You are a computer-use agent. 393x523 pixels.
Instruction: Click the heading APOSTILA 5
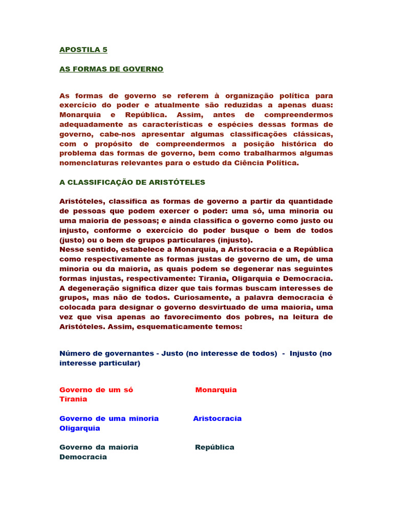(x=83, y=50)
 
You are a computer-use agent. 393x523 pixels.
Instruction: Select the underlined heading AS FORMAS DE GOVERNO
(x=111, y=69)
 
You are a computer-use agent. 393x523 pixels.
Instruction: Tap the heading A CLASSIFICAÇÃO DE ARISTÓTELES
(x=132, y=182)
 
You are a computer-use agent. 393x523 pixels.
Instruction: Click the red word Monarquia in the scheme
(x=216, y=390)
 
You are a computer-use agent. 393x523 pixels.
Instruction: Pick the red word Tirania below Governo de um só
(x=73, y=399)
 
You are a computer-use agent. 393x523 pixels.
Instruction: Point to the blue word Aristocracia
(x=217, y=419)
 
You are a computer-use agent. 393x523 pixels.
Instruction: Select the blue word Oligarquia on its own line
(x=80, y=428)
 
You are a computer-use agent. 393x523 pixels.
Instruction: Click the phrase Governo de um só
(x=96, y=390)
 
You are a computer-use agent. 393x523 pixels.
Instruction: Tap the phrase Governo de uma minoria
(x=109, y=419)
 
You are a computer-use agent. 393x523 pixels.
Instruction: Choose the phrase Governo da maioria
(x=99, y=447)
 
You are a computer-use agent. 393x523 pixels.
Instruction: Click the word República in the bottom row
(x=214, y=447)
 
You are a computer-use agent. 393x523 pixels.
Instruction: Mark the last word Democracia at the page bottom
(x=83, y=457)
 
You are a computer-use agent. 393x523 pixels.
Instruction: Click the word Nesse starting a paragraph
(x=72, y=250)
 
